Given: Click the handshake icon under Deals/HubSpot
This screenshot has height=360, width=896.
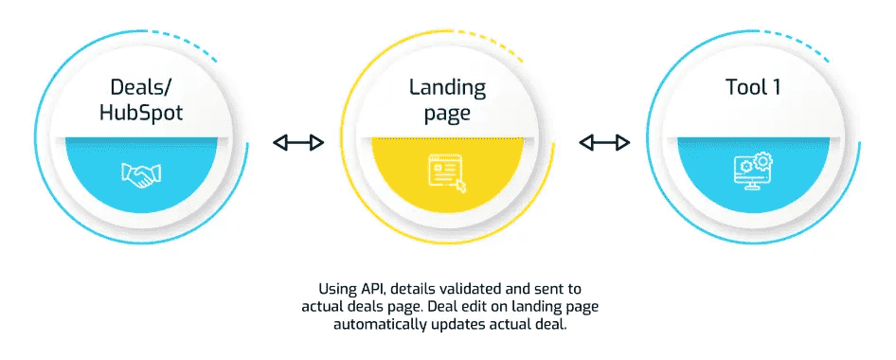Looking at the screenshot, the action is tap(142, 173).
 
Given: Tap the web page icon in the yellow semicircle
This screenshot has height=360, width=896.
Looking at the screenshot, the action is tap(447, 173).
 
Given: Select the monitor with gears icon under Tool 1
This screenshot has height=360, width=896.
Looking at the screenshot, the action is tap(751, 172).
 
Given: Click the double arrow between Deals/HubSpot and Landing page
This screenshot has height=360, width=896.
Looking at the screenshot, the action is tap(298, 143).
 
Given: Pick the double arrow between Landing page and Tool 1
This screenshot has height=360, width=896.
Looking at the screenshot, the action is tap(604, 143).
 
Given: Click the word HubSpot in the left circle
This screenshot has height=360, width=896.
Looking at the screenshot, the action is tap(142, 113).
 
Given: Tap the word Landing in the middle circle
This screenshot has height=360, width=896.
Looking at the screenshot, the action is tap(447, 88).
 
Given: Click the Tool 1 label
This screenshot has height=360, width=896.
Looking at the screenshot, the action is tap(751, 88).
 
